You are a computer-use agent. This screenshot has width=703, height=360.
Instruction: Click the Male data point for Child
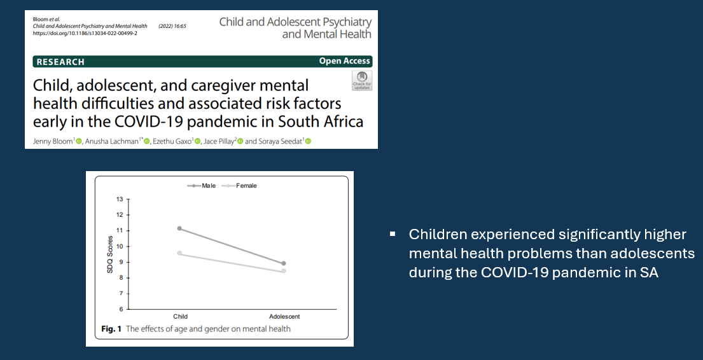pos(179,228)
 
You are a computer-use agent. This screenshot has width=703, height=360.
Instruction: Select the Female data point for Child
pos(179,253)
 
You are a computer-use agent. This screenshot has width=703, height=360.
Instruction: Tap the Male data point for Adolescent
pos(283,263)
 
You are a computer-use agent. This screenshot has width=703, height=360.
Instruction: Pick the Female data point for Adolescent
pos(283,271)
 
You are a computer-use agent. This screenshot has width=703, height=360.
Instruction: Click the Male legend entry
pos(201,186)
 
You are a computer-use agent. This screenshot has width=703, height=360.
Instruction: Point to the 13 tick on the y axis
pos(120,199)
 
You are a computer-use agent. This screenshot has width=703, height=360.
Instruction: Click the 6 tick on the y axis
pos(121,309)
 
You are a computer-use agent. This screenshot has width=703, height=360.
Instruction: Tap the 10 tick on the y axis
pos(120,246)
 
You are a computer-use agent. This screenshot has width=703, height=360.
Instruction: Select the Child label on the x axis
pos(180,317)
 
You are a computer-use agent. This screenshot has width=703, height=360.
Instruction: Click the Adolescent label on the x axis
pos(284,317)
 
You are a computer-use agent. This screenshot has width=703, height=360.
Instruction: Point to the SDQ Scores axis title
pos(110,254)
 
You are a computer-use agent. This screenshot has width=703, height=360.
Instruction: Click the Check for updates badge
pos(362,81)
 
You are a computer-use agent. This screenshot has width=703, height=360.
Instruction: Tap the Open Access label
pos(344,61)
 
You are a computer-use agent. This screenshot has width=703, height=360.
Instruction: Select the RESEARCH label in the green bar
pos(60,62)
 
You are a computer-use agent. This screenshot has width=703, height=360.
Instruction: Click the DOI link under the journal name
pos(85,33)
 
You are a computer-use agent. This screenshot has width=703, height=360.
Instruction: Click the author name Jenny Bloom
pos(53,141)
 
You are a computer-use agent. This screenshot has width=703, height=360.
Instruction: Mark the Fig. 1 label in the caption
pos(111,329)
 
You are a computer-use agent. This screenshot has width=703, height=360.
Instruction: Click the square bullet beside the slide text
pos(393,233)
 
